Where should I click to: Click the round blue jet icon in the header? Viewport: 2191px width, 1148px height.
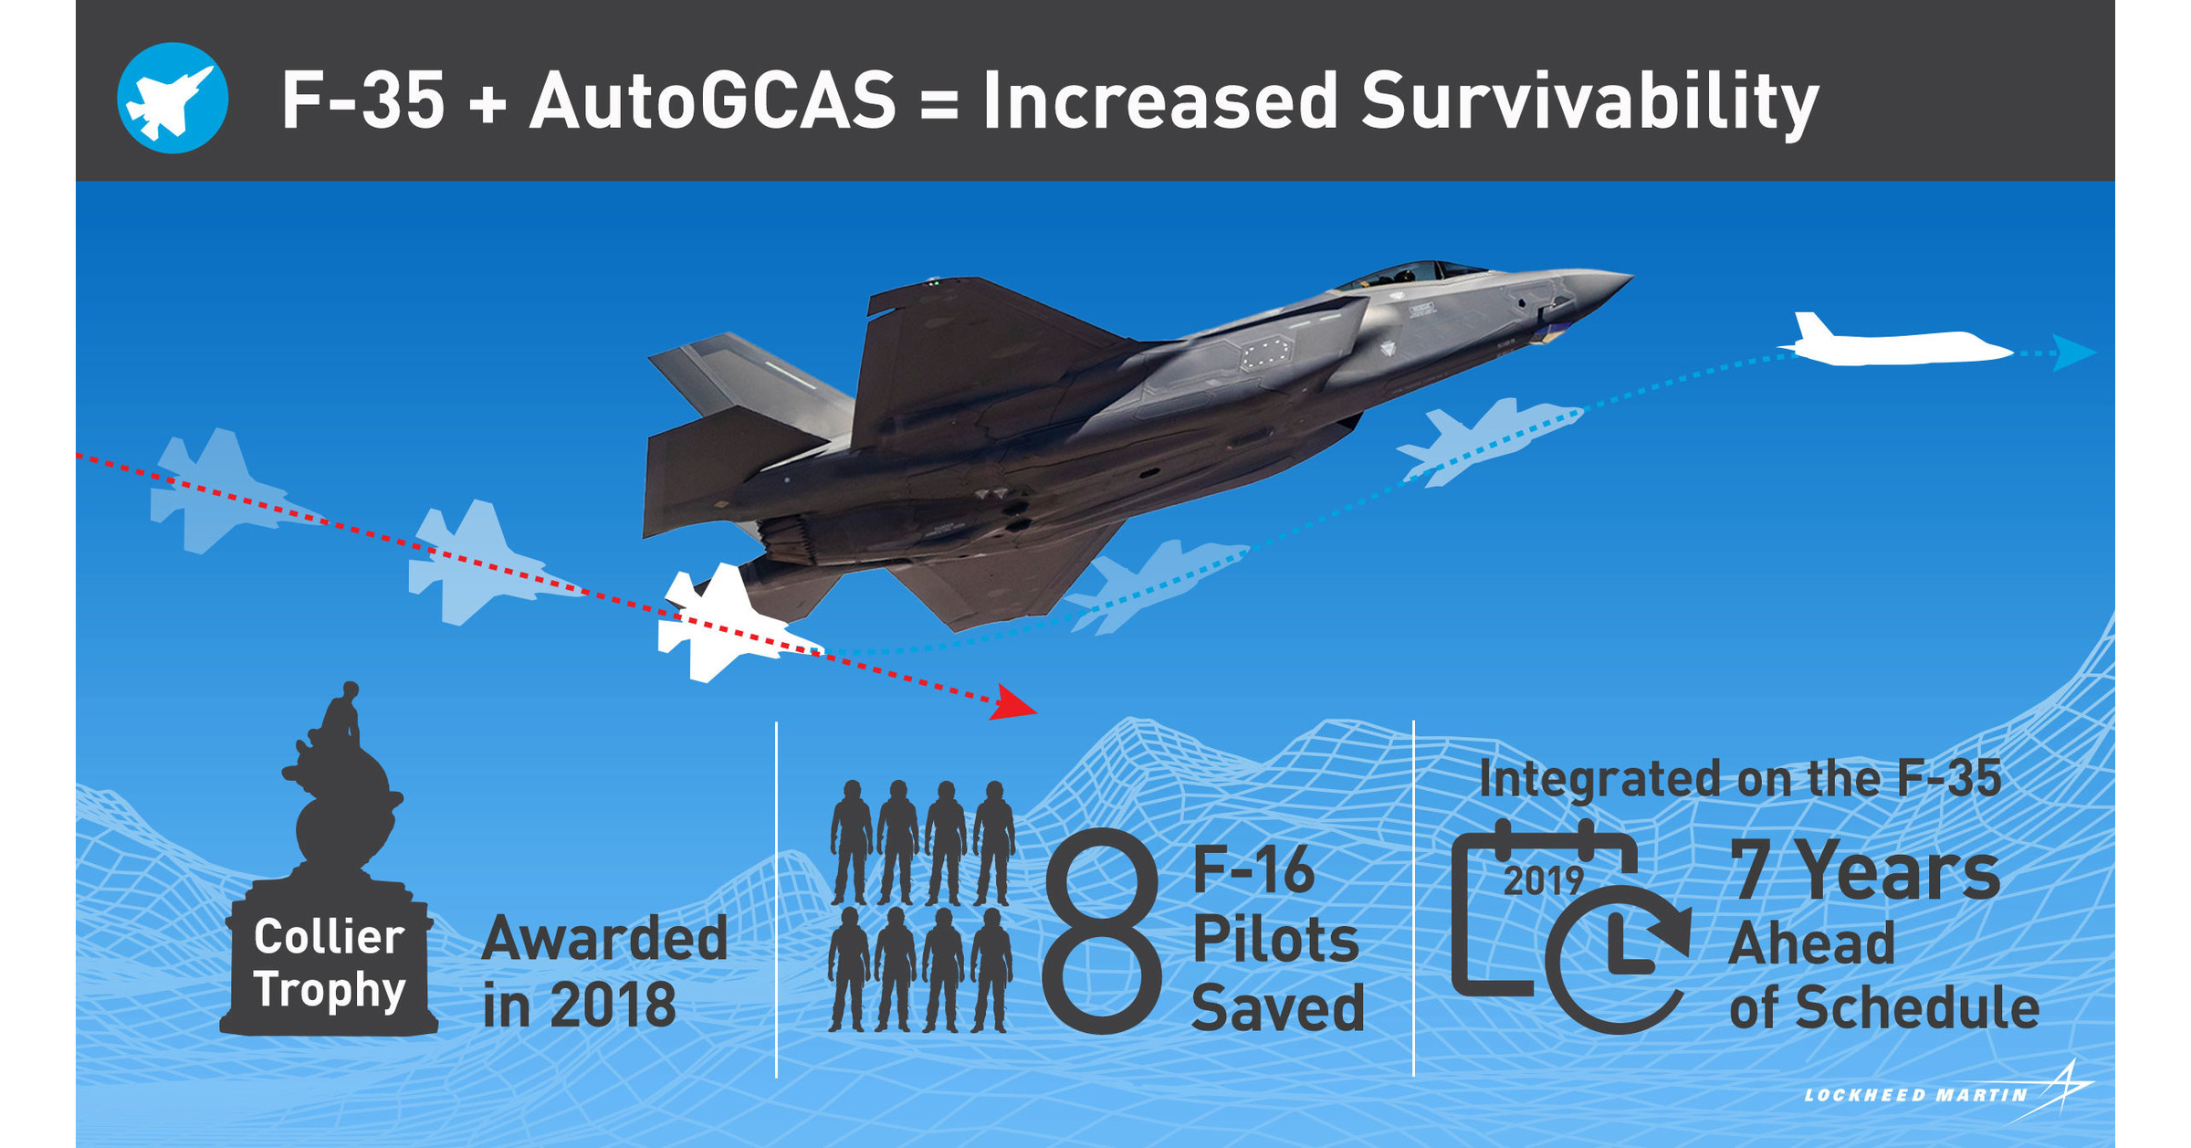click(173, 98)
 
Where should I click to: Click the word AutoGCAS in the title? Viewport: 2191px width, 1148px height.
click(713, 100)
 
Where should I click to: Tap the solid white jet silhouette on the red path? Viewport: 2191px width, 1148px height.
click(721, 623)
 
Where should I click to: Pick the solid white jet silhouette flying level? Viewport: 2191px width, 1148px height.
click(1899, 346)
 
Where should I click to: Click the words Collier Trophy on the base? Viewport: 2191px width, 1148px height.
click(329, 964)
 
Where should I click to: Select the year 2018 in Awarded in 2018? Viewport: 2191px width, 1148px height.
click(613, 1006)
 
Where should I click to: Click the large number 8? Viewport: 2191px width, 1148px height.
click(1102, 932)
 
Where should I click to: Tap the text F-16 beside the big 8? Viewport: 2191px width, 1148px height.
click(1253, 870)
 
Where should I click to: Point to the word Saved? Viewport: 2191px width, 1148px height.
click(1278, 1008)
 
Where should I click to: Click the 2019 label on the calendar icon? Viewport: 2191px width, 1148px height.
click(1543, 880)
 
